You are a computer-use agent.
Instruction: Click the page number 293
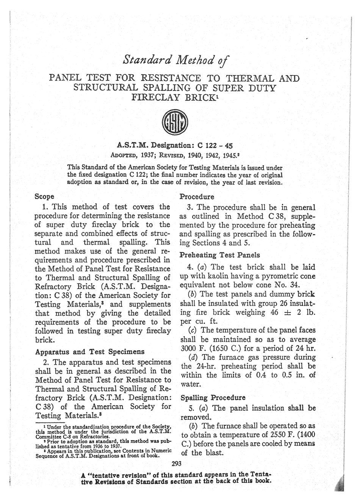pyautogui.click(x=177, y=463)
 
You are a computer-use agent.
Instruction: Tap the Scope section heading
pyautogui.click(x=44, y=197)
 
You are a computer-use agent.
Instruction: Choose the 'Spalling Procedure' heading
pyautogui.click(x=213, y=398)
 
